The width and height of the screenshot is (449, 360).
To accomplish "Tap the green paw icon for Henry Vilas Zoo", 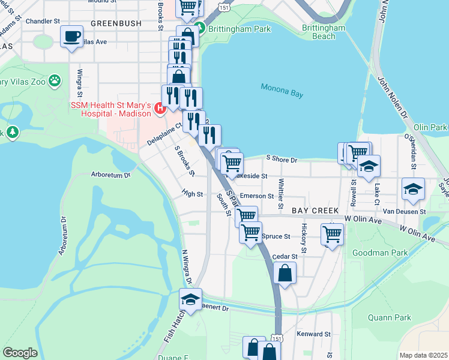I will pos(55,80).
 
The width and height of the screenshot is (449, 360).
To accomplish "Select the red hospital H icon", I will pos(160,109).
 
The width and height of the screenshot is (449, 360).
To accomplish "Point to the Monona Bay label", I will pos(282,91).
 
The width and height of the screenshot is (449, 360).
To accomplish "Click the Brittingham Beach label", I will pos(324,32).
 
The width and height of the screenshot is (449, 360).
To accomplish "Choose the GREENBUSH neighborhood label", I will pos(116,23).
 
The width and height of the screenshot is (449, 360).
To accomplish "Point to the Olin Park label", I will pos(430,128).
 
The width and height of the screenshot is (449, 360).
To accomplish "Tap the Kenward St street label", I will pos(315,334).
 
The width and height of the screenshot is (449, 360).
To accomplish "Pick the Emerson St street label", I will pos(256,196).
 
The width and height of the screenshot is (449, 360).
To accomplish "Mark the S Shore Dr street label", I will pos(281,160).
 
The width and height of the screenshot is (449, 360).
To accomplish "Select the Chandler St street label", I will pos(43,20).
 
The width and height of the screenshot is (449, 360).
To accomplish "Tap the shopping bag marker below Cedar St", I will pos(285,273).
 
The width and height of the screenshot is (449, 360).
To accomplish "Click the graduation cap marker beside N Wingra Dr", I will pos(190,299).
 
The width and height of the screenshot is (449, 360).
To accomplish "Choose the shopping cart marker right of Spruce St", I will pos(331,233).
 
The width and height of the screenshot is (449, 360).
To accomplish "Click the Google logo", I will pos(20,353).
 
